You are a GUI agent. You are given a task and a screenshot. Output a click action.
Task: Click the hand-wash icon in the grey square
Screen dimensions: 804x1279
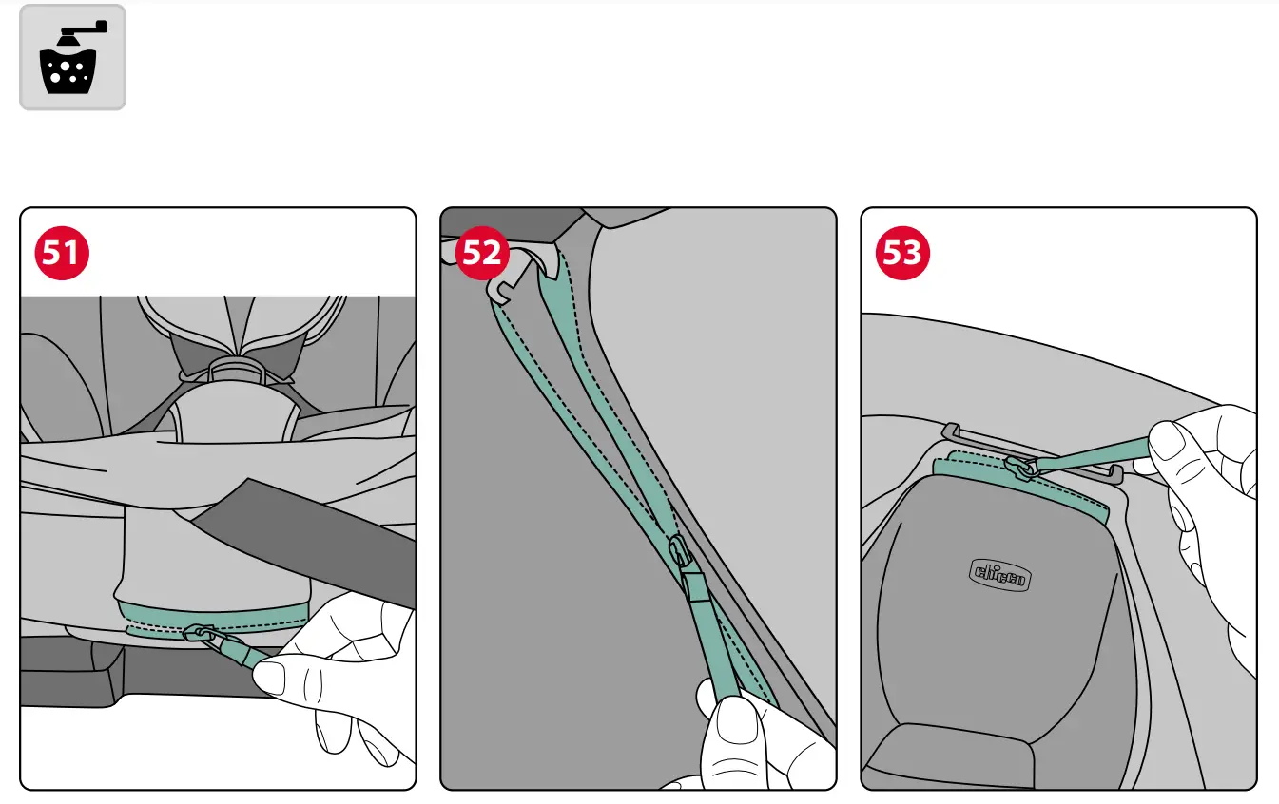pos(72,57)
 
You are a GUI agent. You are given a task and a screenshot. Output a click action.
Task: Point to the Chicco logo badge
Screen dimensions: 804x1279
pos(1001,574)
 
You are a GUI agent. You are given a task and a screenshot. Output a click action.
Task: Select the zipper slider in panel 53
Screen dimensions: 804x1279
pos(1019,468)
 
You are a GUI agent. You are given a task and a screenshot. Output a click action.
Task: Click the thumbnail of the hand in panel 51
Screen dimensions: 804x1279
pos(271,678)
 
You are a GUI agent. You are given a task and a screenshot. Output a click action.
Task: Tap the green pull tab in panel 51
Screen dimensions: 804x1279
pos(238,652)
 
